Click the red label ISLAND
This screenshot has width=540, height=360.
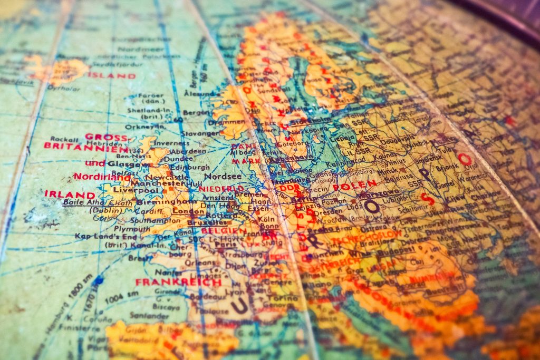click(x=111, y=75)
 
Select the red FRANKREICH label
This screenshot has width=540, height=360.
click(x=178, y=282)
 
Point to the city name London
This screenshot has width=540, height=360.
click(x=189, y=211)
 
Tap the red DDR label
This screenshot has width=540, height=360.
click(x=290, y=188)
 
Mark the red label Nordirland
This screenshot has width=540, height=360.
click(x=101, y=177)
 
